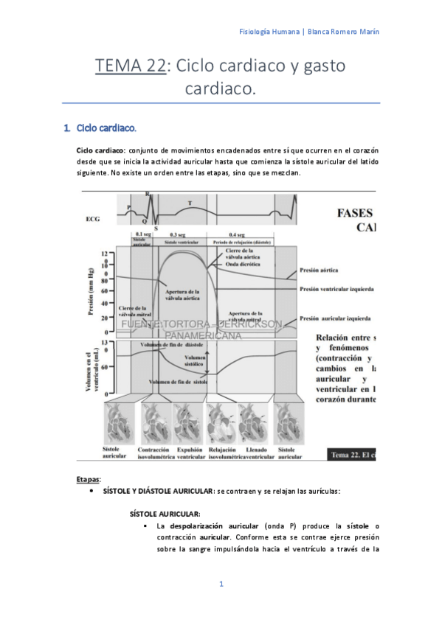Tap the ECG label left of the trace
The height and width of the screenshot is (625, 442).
(x=94, y=219)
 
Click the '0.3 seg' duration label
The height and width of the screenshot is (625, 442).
(x=178, y=234)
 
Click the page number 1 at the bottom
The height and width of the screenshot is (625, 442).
(x=221, y=584)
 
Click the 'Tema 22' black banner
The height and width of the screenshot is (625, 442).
(x=352, y=454)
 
